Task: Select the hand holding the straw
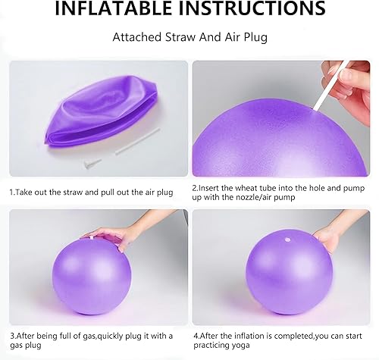(349, 80)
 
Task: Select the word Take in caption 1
(26, 193)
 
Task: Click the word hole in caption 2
(314, 188)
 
